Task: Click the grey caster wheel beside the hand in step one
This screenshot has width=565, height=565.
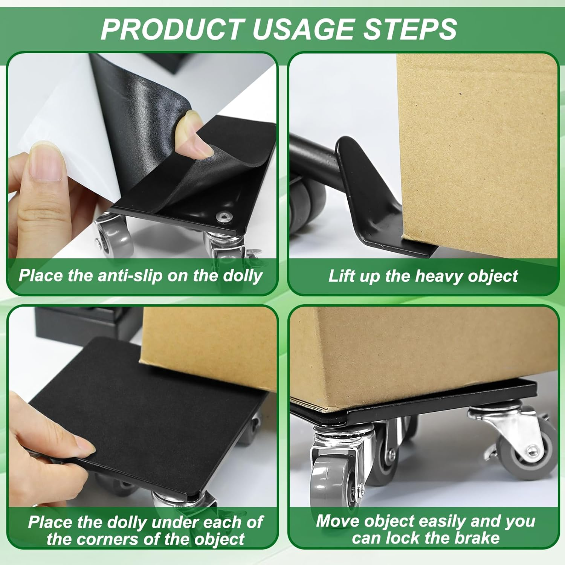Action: [115, 241]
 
